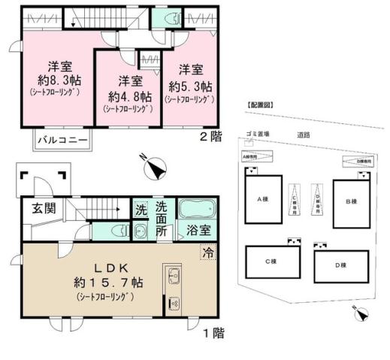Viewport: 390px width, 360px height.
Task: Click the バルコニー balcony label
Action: (x=63, y=140)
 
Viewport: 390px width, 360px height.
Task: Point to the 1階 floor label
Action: (x=213, y=331)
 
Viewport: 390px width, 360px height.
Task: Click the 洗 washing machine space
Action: (x=141, y=209)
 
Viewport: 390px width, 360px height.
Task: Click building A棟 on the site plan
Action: (x=262, y=199)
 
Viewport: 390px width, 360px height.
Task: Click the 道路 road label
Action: (x=303, y=135)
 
